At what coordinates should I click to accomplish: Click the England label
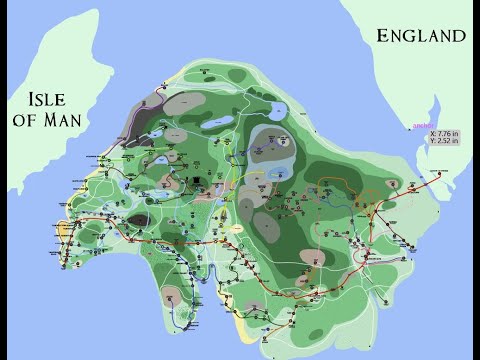(x=420, y=36)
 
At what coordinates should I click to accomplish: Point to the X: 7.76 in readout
(x=446, y=132)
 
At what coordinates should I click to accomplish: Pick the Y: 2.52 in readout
(x=446, y=141)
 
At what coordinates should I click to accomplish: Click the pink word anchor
(x=409, y=126)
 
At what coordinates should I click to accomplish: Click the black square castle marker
(x=199, y=183)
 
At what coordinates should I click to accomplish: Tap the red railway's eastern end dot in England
(x=439, y=173)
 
